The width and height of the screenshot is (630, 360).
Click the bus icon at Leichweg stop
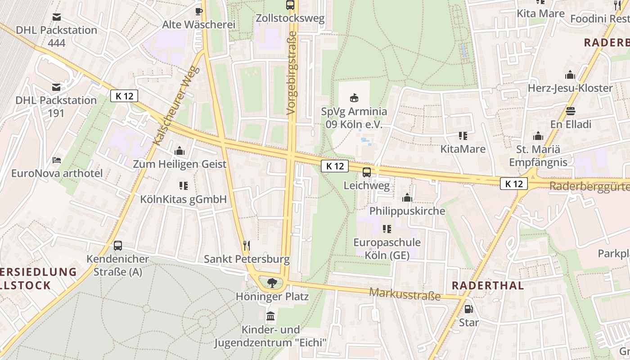(367, 172)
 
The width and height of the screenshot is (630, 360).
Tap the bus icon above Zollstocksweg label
(290, 5)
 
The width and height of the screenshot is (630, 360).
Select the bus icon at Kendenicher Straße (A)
(118, 246)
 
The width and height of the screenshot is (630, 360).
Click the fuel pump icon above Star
(468, 309)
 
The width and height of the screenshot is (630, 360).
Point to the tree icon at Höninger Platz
(272, 283)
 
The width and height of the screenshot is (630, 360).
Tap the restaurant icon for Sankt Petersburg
(247, 246)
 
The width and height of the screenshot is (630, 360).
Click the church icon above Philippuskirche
(407, 198)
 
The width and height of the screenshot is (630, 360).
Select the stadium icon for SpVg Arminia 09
(354, 98)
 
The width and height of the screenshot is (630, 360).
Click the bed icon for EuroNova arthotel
(57, 160)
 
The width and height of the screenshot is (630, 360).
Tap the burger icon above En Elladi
(571, 111)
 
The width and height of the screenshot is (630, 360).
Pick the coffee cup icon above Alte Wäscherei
(198, 11)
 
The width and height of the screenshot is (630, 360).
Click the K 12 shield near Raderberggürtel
(513, 184)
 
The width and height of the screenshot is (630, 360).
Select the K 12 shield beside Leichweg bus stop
(335, 166)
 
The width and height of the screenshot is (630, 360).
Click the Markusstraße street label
(405, 294)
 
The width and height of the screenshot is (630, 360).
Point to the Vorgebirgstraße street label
(292, 72)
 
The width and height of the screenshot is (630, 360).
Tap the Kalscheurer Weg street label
(176, 106)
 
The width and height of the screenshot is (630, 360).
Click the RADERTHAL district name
(488, 285)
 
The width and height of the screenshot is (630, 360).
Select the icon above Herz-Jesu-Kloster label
(570, 75)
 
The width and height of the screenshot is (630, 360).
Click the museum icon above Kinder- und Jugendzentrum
(270, 316)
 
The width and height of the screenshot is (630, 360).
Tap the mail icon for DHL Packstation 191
(56, 87)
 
